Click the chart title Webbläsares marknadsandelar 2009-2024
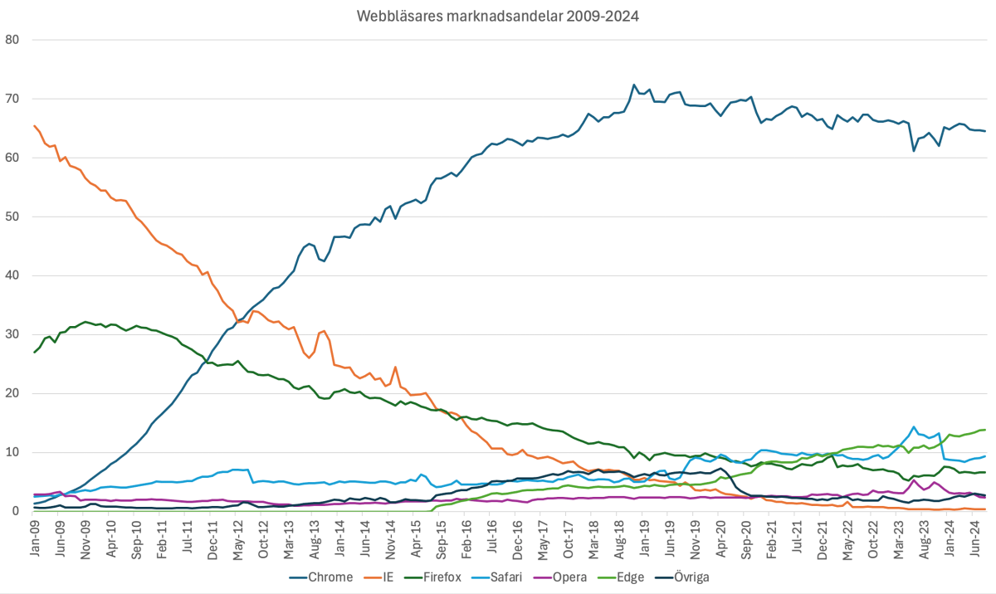[x=498, y=16]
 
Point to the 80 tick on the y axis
[x=12, y=40]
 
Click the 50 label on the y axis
[x=12, y=217]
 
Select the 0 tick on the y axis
[x=16, y=512]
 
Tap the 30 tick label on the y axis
[x=12, y=334]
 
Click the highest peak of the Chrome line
[x=634, y=85]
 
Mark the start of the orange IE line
[x=34, y=126]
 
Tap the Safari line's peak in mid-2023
[x=914, y=427]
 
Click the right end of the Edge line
[x=985, y=430]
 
